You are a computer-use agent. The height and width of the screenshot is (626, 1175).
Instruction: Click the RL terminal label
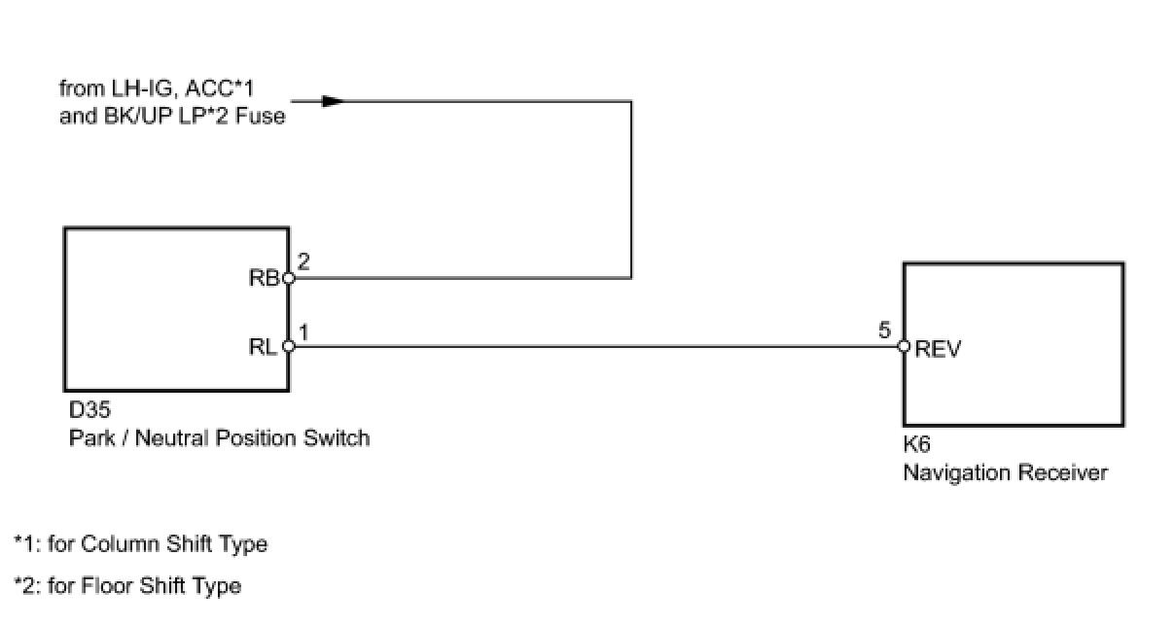click(264, 347)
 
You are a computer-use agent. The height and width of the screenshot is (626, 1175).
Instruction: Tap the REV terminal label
click(938, 350)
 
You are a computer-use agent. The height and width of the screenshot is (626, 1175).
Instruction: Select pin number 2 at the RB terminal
click(303, 261)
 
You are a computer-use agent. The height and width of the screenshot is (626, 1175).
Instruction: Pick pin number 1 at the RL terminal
click(303, 331)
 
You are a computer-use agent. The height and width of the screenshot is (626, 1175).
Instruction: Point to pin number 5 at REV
click(884, 330)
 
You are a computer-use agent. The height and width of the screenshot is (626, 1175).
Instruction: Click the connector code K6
click(917, 446)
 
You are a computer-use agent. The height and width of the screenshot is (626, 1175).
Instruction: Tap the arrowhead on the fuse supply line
click(332, 100)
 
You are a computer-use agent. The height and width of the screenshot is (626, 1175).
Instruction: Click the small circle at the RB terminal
click(288, 279)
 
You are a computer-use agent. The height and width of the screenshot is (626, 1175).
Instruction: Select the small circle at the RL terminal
click(288, 346)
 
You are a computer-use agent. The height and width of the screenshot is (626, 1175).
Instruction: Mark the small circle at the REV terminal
click(904, 346)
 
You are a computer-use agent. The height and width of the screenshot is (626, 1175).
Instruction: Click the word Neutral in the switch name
click(171, 437)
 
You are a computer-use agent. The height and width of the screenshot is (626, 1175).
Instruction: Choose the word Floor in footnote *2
click(105, 585)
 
